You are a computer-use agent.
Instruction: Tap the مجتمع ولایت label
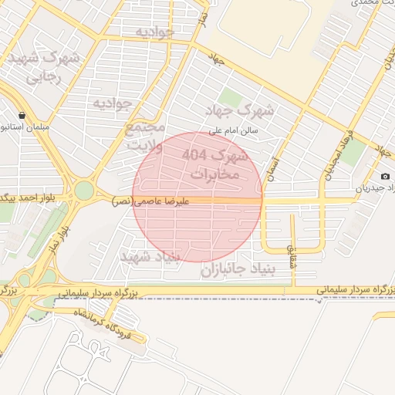tap(144, 136)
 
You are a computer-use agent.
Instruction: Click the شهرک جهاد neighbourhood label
tap(245, 110)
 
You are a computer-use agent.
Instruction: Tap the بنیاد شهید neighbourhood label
tap(150, 255)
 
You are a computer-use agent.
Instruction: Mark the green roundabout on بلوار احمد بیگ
tap(83, 190)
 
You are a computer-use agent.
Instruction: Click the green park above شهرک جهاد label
tap(229, 98)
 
